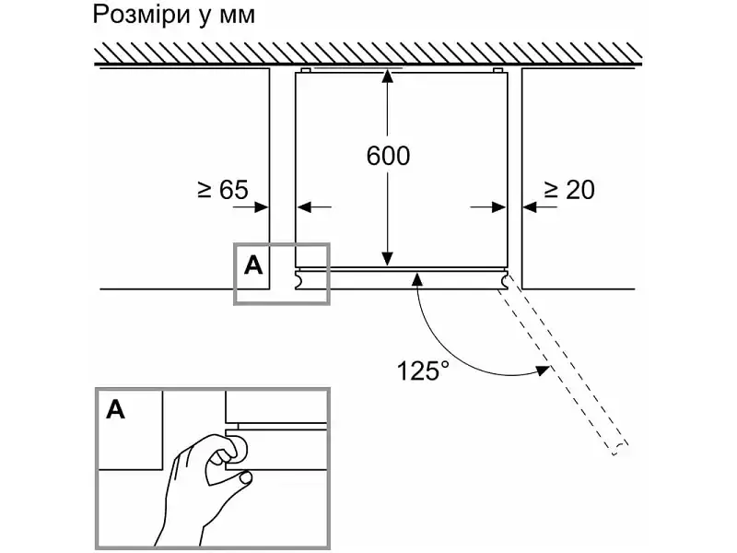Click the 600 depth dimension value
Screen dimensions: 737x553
pyautogui.click(x=388, y=156)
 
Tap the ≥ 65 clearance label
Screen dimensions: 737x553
pyautogui.click(x=223, y=190)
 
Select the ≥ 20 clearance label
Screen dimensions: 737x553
pyautogui.click(x=569, y=190)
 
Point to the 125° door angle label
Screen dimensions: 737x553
pyautogui.click(x=423, y=371)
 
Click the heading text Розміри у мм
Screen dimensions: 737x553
pyautogui.click(x=174, y=15)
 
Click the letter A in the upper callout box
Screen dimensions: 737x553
pyautogui.click(x=253, y=266)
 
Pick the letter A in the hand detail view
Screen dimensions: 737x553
pyautogui.click(x=116, y=409)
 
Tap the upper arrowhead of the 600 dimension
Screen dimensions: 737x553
pyautogui.click(x=387, y=76)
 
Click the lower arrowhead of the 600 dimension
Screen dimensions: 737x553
pyautogui.click(x=387, y=259)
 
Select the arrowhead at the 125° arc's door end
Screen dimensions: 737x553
pyautogui.click(x=544, y=371)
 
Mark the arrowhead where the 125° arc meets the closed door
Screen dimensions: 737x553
pyautogui.click(x=417, y=280)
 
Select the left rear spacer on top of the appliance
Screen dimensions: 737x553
pyautogui.click(x=305, y=70)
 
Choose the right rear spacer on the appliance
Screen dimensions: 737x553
pyautogui.click(x=498, y=70)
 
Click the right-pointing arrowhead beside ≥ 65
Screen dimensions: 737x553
pyautogui.click(x=262, y=206)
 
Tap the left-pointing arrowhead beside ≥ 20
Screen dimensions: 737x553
pyautogui.click(x=530, y=206)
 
